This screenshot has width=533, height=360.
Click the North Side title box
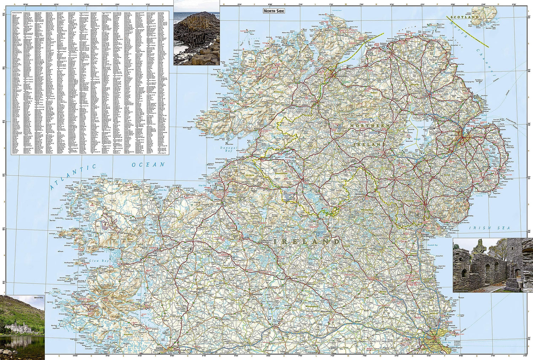pos(274,11)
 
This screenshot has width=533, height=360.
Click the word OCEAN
pos(148,165)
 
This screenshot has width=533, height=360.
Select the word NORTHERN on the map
pos(370,126)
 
